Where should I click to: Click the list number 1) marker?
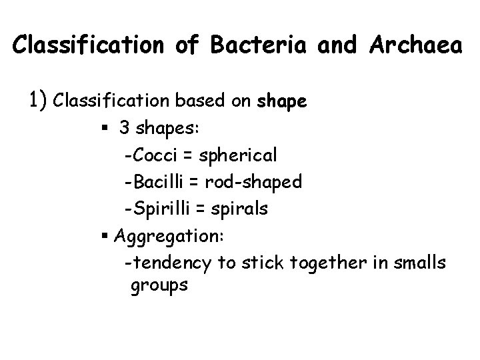37,101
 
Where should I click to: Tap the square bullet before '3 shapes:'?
107,129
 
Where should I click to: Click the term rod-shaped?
254,182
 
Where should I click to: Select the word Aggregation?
170,236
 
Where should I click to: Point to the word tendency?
169,263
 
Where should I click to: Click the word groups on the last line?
160,286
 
